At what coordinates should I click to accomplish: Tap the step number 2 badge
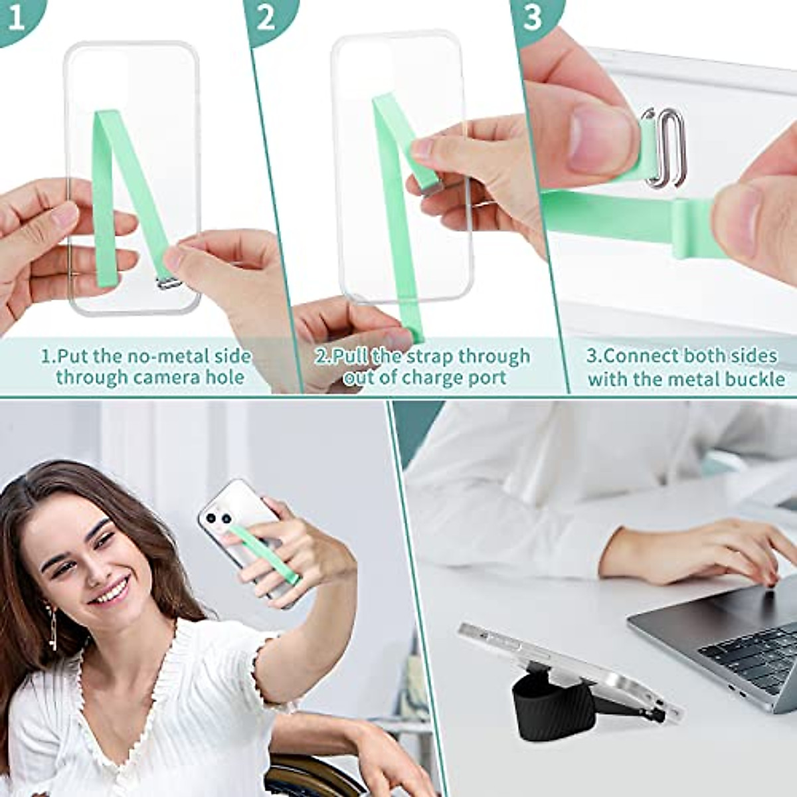[x=266, y=18]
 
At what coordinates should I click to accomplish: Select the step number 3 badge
[x=533, y=18]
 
